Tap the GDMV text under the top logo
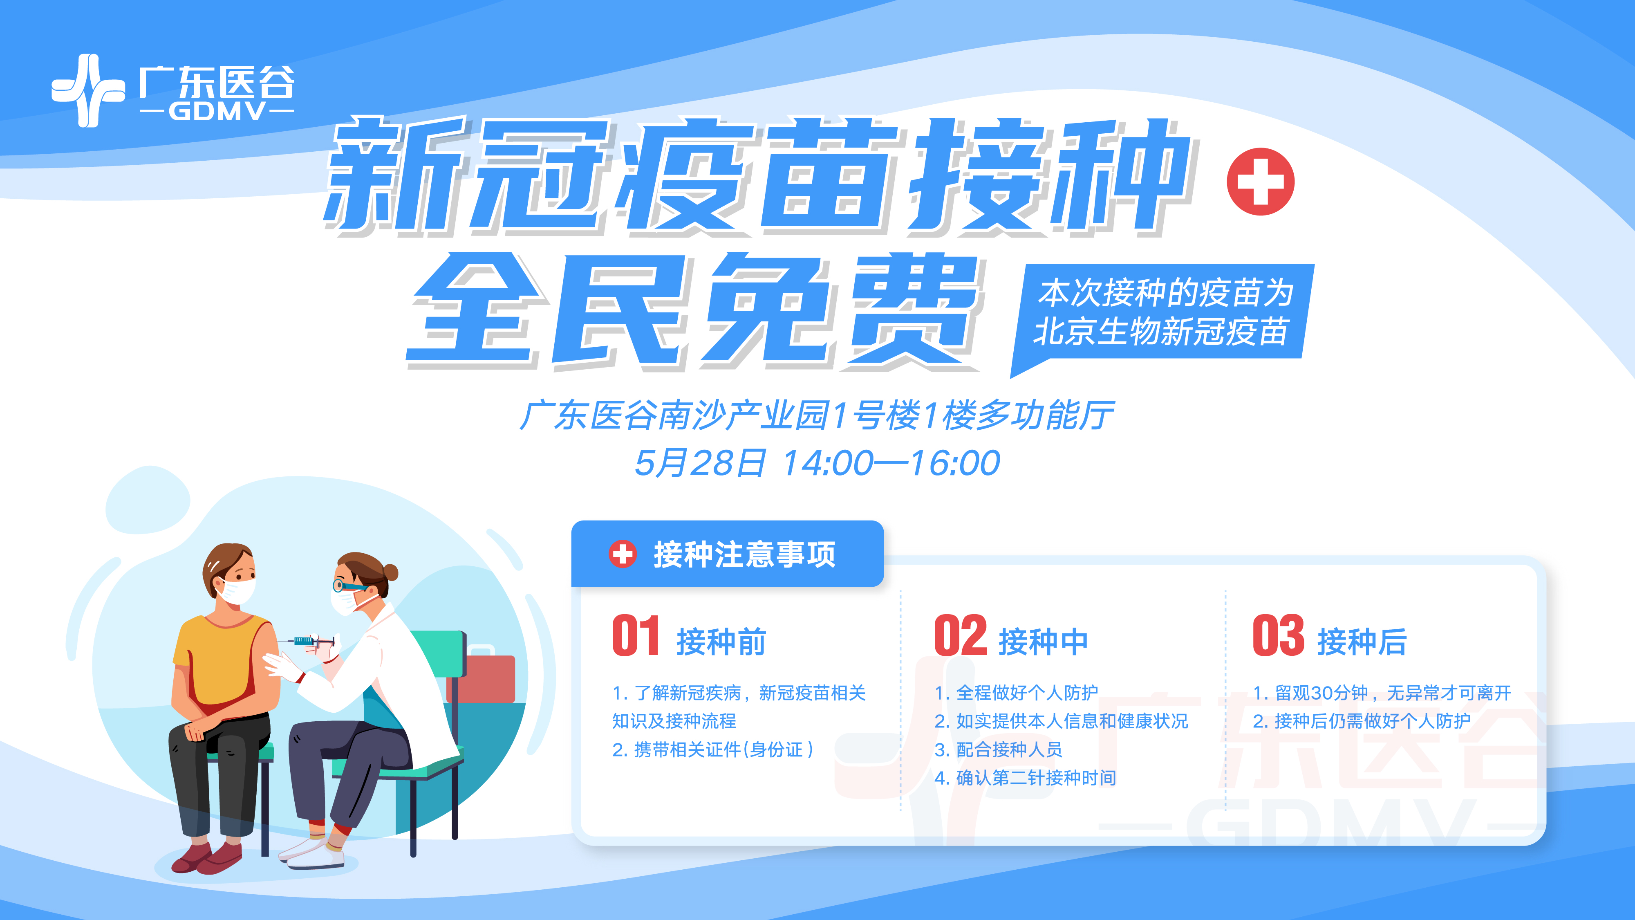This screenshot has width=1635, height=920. (217, 112)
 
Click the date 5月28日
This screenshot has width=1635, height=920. (700, 463)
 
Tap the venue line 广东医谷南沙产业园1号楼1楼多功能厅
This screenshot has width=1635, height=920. (816, 416)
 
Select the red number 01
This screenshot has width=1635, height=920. (635, 636)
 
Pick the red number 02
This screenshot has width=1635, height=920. (960, 636)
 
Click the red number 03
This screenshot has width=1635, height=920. (1278, 636)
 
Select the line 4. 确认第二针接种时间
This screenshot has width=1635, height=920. (1025, 778)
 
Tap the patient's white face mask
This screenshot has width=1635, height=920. (237, 590)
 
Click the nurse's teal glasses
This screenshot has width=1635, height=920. (349, 586)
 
